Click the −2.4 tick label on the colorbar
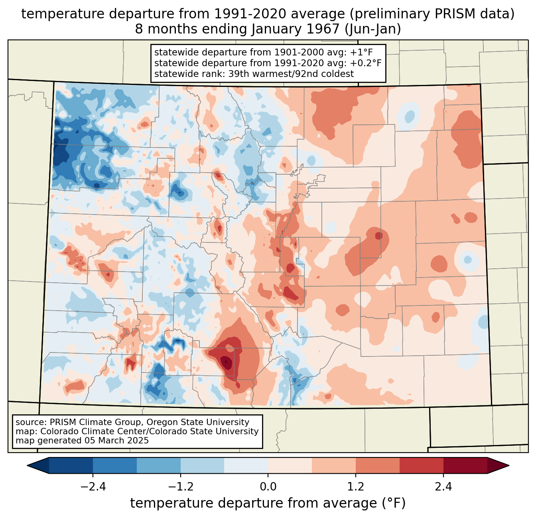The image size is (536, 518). (93, 487)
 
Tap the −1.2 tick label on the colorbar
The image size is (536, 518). (180, 487)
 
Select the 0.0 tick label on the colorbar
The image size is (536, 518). (268, 487)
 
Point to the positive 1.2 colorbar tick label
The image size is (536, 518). (356, 487)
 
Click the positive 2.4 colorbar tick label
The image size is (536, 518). (443, 487)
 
